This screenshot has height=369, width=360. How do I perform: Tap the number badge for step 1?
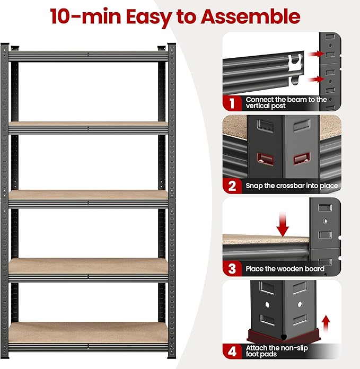(x=232, y=102)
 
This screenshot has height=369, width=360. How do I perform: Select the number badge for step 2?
(x=232, y=185)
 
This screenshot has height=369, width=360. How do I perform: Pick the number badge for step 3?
(x=232, y=268)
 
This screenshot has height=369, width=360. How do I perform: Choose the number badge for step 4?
(x=232, y=352)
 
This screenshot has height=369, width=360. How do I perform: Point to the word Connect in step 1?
(x=259, y=99)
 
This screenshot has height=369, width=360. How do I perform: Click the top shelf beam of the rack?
(x=89, y=55)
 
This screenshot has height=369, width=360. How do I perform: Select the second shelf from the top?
(x=89, y=127)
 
